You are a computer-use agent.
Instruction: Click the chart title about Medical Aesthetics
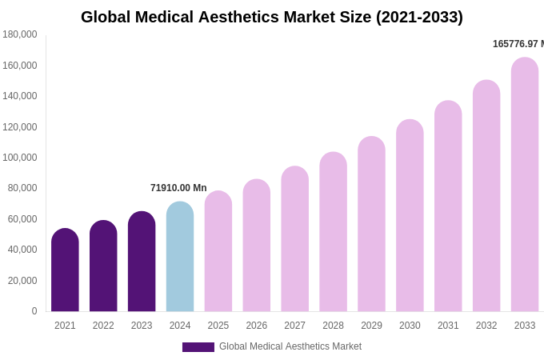coord(272,17)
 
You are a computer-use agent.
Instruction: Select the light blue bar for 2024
coord(180,257)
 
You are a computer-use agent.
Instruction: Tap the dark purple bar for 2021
coord(65,270)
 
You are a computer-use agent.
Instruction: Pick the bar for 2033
coord(525,185)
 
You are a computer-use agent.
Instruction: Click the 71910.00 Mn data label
coord(178,188)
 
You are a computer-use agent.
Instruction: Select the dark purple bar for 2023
coord(142,262)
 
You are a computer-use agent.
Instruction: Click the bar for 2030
coord(410,216)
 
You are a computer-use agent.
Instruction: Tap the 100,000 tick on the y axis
coord(19,158)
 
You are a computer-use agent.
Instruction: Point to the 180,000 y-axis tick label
coord(19,34)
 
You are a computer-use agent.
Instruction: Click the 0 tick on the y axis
coord(34,311)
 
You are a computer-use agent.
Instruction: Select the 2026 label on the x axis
coord(257,326)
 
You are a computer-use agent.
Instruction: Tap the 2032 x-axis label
coord(486,326)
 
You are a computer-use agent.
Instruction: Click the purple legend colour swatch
coord(198,347)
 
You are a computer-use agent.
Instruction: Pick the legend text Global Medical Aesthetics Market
coord(290,346)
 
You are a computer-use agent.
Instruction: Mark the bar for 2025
coord(218,251)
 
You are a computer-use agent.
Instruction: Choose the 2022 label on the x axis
coord(103,326)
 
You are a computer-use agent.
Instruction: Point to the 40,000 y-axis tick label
coord(19,250)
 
